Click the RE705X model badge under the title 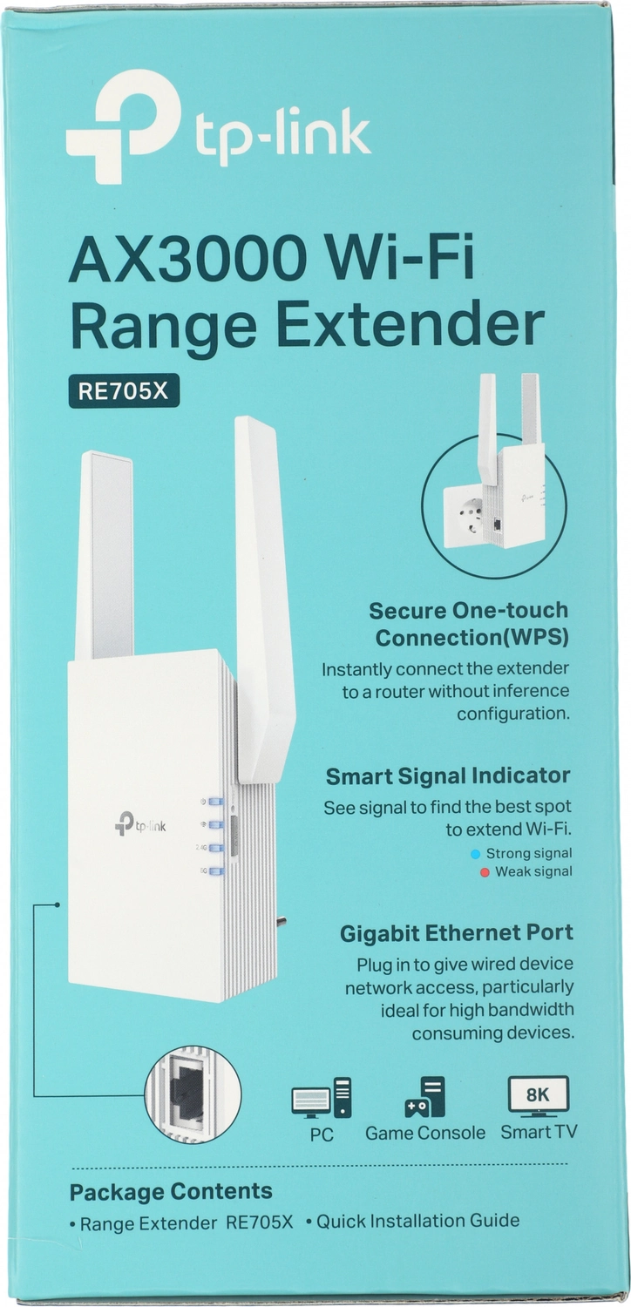(124, 391)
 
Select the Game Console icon (425, 1096)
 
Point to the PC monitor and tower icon (321, 1098)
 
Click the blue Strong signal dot (475, 854)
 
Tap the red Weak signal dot (484, 873)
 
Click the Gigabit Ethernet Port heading (457, 933)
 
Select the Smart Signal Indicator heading (448, 776)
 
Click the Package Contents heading (171, 1191)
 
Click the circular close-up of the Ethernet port (193, 1094)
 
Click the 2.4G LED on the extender (215, 848)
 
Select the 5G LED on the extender (215, 871)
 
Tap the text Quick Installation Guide (418, 1221)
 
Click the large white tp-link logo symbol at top (123, 125)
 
